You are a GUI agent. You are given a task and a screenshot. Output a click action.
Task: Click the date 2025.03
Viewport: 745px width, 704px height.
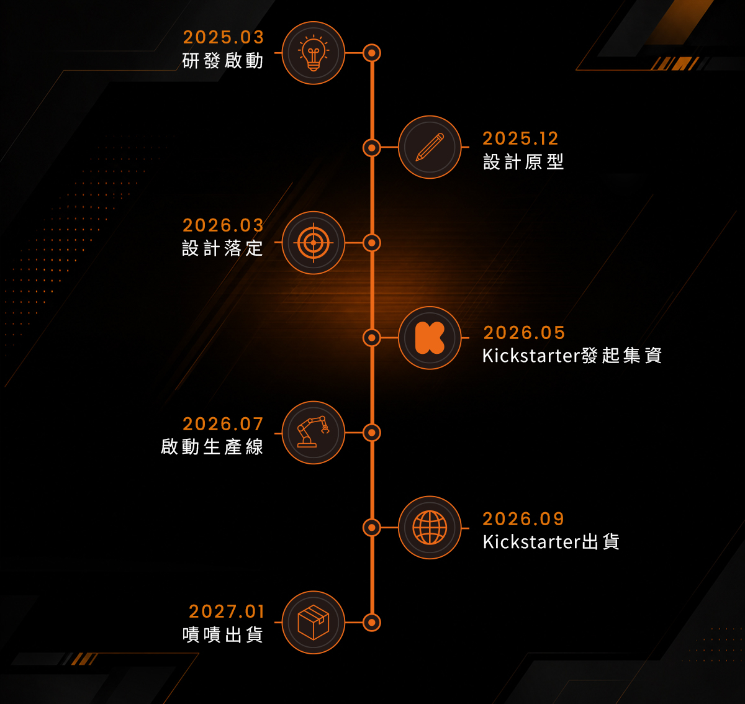pos(223,37)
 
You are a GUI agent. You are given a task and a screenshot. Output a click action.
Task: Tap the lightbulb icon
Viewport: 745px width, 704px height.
pos(314,53)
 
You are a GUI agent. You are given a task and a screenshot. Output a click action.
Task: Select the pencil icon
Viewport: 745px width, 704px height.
pos(430,147)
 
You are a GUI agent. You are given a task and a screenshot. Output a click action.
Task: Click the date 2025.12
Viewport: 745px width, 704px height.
pos(520,138)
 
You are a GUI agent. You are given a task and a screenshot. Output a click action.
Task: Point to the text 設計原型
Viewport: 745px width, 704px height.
pos(523,162)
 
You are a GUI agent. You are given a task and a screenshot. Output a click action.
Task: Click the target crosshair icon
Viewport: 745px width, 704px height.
pos(314,243)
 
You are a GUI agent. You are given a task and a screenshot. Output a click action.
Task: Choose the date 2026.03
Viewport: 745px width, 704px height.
pos(223,225)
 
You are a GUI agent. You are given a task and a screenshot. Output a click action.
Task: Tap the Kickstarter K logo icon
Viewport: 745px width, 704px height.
pos(430,338)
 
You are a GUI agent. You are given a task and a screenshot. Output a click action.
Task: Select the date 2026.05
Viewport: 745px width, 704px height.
pos(524,333)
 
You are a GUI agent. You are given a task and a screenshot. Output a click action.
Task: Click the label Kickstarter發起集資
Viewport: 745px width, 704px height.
pos(572,355)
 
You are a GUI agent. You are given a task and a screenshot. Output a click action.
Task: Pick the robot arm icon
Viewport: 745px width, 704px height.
pos(314,431)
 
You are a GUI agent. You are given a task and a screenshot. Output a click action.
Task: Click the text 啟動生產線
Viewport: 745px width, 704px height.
pos(212,446)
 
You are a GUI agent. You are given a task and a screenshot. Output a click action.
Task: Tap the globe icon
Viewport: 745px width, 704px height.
pos(430,527)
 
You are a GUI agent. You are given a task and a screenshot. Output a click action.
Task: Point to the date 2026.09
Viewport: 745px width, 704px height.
pos(523,519)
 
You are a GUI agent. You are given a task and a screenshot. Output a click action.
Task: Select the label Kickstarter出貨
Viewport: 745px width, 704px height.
pos(551,541)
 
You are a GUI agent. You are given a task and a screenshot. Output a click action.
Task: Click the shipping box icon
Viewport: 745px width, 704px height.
pos(314,622)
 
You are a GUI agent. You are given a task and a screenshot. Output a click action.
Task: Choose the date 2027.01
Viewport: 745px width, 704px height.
pos(227,611)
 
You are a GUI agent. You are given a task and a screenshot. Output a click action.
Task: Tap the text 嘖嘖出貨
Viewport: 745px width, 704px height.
pos(223,634)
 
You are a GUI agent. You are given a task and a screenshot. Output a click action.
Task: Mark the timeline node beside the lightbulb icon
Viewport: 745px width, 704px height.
pos(372,53)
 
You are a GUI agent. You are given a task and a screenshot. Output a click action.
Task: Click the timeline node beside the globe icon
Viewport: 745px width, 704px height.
pos(372,528)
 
